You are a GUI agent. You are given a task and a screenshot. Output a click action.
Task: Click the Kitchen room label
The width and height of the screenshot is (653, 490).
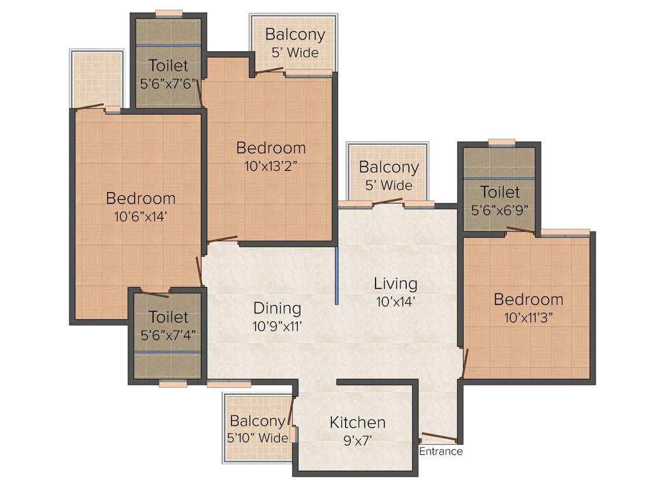357,422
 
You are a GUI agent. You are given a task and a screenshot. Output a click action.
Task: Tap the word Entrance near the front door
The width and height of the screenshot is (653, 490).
441,452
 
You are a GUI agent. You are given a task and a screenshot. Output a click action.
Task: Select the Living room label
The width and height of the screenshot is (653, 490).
395,283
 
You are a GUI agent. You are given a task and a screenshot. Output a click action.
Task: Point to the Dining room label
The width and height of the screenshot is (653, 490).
277,308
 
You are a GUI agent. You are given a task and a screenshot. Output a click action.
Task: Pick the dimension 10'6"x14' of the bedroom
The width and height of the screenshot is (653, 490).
140,216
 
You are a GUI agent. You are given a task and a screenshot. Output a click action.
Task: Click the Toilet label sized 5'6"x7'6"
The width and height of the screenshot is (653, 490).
168,65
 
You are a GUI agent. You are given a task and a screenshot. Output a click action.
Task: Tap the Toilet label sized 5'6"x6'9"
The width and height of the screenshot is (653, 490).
500,191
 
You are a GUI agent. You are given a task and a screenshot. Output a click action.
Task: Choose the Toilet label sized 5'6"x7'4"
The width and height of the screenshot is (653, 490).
168,316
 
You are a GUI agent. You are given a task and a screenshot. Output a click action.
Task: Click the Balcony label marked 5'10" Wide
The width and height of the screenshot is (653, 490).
257,421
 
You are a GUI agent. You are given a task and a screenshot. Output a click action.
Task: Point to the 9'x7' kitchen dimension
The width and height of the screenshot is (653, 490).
357,440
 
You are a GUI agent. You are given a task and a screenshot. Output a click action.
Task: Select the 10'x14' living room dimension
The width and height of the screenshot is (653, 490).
395,301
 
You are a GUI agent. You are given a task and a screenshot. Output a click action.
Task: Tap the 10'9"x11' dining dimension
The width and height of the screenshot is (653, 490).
277,326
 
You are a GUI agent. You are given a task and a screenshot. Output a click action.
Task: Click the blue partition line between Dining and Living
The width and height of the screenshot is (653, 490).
336,277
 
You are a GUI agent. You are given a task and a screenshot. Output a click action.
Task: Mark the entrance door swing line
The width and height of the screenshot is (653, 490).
439,438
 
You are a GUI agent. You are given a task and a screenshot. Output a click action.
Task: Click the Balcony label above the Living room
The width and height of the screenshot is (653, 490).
388,167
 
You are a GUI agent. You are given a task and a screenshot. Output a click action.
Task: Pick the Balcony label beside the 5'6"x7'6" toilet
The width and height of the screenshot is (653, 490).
295,34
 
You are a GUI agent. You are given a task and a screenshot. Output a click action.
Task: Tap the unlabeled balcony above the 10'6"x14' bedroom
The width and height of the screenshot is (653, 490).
96,78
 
